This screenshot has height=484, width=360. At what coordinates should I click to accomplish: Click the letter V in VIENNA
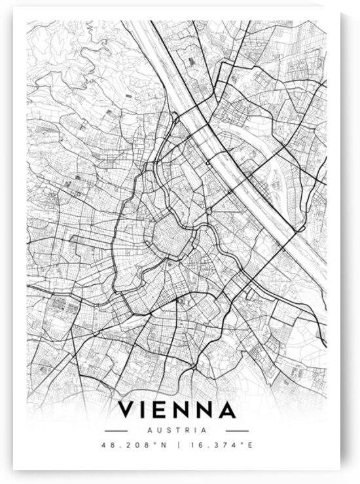coord(127,411)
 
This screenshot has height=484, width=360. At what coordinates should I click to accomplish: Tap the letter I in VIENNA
coord(147,411)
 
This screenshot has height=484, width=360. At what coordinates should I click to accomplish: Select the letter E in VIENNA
coord(164,411)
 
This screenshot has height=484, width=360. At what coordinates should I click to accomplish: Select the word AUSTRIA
coord(177,430)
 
